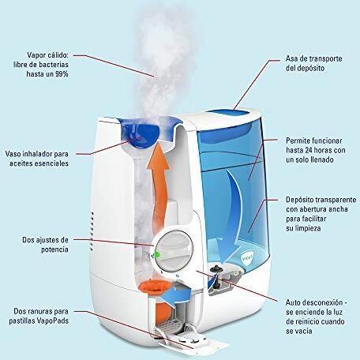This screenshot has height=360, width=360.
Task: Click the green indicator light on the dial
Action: (x=157, y=254)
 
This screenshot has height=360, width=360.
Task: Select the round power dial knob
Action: (x=175, y=251)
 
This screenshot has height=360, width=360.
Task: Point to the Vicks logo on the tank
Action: (x=248, y=257)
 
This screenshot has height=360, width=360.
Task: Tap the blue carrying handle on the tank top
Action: (x=228, y=113)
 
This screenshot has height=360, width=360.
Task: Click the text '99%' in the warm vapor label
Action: (x=62, y=74)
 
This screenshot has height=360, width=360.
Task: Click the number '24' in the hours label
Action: (x=310, y=150)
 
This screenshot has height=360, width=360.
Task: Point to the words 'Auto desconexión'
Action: (x=314, y=302)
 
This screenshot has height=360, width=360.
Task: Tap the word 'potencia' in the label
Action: (x=54, y=249)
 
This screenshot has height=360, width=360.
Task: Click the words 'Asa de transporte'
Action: (x=314, y=58)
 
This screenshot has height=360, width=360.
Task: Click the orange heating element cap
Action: (x=153, y=287)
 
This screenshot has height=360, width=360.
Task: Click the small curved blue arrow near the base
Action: (x=176, y=294)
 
